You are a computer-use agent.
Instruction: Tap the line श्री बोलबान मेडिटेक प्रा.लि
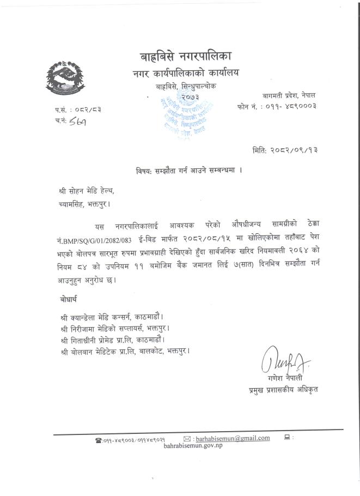126,351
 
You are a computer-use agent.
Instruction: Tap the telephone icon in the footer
98,439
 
